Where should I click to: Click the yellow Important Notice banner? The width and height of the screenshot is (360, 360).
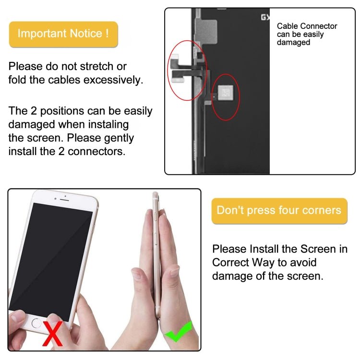pyautogui.click(x=63, y=34)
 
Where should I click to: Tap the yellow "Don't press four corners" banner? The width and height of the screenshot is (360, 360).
pyautogui.click(x=279, y=210)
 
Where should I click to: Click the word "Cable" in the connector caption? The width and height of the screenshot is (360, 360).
pyautogui.click(x=288, y=26)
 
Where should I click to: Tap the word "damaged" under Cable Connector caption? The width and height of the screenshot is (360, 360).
pyautogui.click(x=293, y=43)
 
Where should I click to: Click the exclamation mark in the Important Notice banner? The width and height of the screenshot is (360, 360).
pyautogui.click(x=107, y=34)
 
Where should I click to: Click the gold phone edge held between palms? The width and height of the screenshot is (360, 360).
pyautogui.click(x=156, y=254)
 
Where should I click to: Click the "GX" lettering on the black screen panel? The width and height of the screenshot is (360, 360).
pyautogui.click(x=264, y=18)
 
